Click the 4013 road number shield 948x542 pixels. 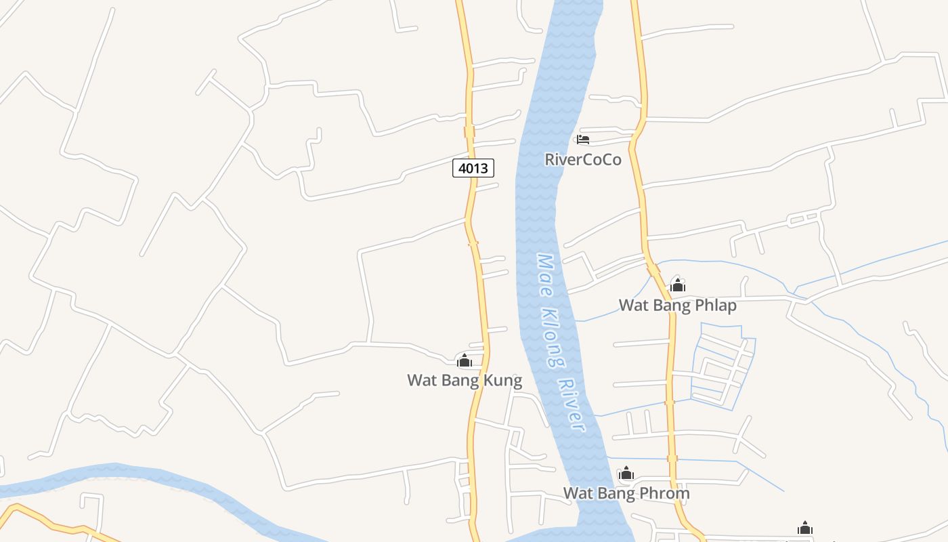473,168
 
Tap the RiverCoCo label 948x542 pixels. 583,160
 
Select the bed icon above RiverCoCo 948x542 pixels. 583,140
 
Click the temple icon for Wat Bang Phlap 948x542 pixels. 678,285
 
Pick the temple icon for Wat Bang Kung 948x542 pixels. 465,360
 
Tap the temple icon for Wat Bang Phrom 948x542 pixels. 626,473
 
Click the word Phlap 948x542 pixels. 715,306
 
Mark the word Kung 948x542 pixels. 504,381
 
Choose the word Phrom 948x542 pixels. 667,493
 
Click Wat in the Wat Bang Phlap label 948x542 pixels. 632,306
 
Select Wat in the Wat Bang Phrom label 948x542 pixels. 577,493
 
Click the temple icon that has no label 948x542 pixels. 805,528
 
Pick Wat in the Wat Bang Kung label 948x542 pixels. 421,381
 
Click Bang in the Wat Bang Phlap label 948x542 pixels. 671,306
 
